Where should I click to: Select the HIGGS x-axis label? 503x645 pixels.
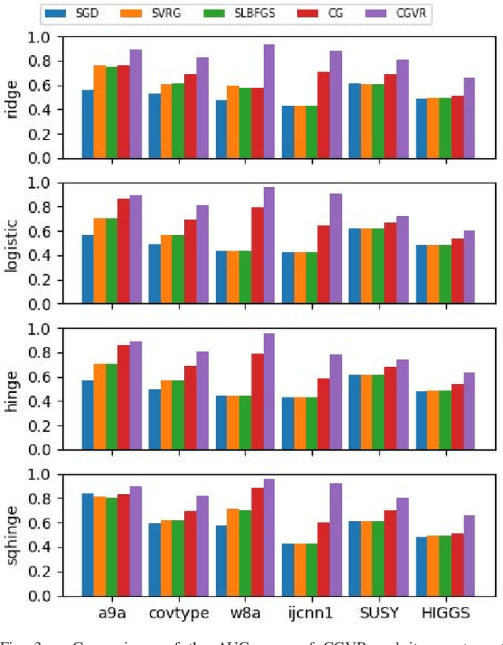click(447, 613)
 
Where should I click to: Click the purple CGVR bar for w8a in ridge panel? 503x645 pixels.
click(269, 101)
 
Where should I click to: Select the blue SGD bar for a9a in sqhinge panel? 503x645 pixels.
click(87, 544)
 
